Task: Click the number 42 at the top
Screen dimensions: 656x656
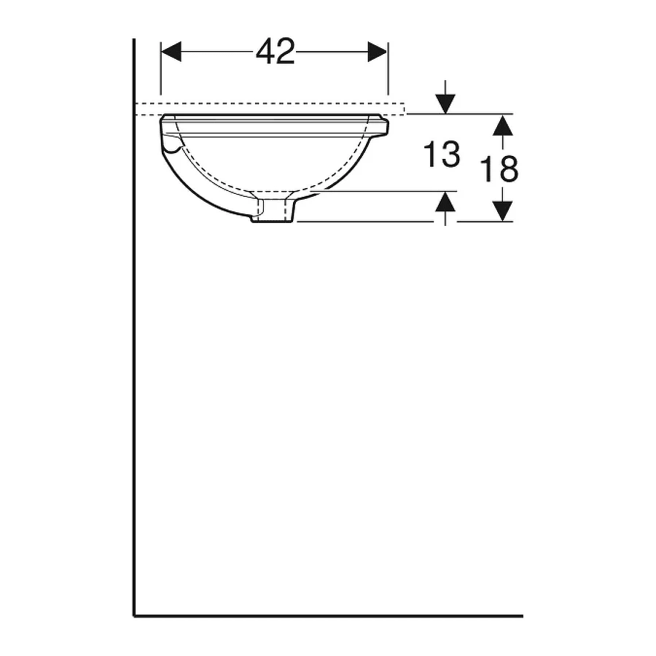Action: pos(276,52)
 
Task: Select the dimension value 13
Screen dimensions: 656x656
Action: pos(442,155)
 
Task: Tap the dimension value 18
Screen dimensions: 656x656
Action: pos(499,168)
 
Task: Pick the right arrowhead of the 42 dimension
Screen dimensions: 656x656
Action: pos(378,52)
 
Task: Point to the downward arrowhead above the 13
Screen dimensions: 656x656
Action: pos(445,105)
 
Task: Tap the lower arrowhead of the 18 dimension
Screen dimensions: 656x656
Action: pos(499,211)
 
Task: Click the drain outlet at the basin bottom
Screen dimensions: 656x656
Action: pos(273,211)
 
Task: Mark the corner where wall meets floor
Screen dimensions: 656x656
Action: pos(134,615)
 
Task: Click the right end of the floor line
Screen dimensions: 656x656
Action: pos(522,615)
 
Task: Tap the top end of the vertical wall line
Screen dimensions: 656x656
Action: pos(134,40)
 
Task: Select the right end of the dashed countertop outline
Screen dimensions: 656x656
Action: pos(405,109)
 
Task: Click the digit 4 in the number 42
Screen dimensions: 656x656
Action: pos(265,52)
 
